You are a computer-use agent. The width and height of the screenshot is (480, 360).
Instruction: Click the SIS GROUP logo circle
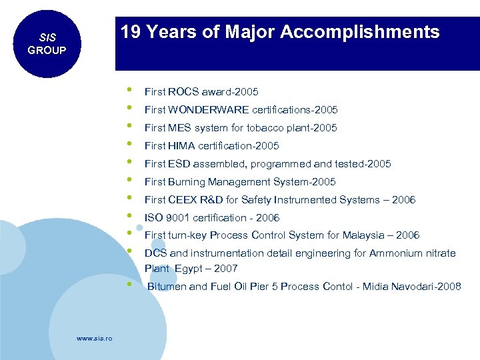46,44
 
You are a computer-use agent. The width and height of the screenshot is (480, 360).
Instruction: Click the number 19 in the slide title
131,32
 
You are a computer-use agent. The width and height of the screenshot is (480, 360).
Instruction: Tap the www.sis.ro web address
95,339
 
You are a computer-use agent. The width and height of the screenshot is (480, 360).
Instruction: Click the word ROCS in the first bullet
180,92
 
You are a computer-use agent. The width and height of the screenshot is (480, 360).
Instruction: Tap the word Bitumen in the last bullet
167,287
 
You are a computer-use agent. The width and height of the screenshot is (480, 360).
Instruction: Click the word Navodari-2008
429,287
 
